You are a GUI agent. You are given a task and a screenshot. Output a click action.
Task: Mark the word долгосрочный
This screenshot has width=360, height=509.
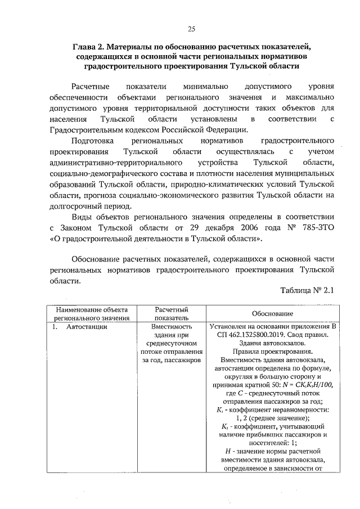tap(75, 206)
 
